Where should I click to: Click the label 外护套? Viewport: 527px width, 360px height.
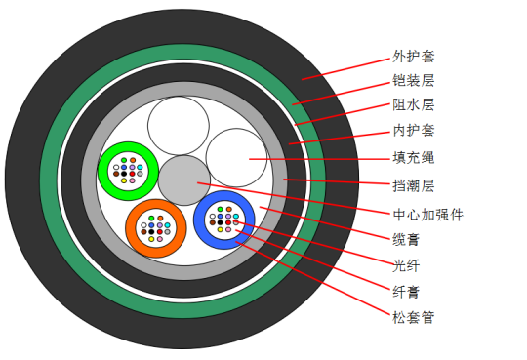point(414,57)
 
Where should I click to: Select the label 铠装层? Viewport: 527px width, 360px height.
point(414,81)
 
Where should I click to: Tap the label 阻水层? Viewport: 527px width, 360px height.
point(414,104)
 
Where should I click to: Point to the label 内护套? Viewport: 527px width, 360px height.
point(414,131)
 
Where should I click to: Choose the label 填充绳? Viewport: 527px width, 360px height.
point(414,157)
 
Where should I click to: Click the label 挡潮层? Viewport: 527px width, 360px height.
point(414,185)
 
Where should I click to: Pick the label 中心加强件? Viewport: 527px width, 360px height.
point(428,215)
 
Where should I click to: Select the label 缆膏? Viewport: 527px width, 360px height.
point(406,240)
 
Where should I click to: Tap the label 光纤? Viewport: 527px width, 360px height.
point(406,265)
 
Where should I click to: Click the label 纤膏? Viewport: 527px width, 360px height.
point(406,292)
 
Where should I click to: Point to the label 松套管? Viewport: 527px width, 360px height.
point(414,317)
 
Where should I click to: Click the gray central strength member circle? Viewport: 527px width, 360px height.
point(184,180)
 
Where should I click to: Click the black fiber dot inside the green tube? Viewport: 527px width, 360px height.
point(124,174)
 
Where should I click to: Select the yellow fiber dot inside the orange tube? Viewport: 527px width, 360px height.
point(151,239)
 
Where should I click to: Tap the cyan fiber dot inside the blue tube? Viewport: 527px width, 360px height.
point(236,217)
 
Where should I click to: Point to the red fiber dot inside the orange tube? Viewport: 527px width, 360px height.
point(160,232)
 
